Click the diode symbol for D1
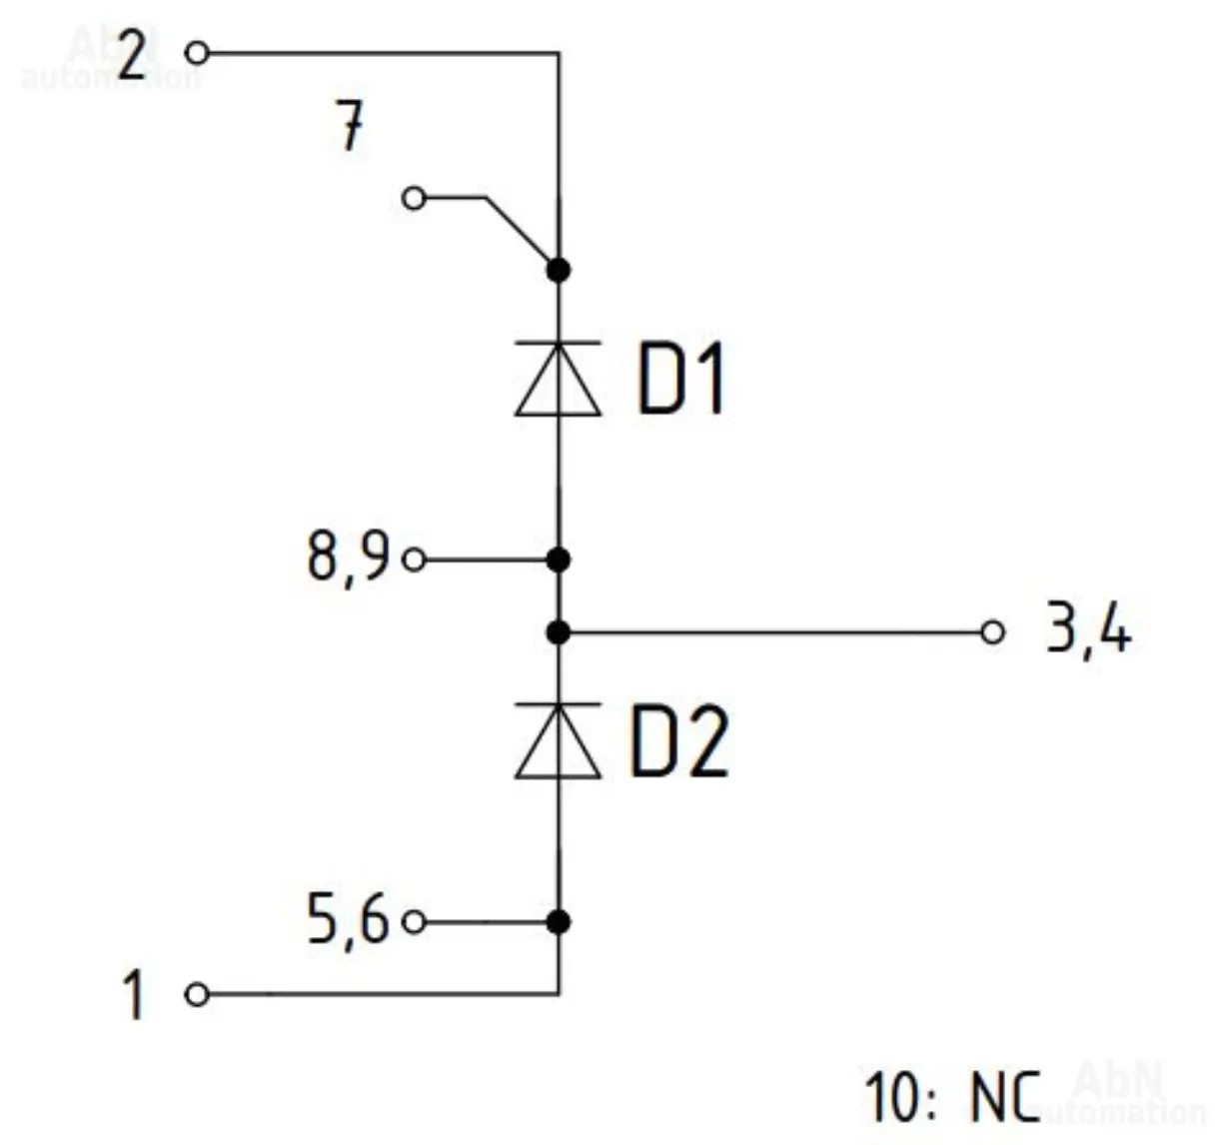coord(559,378)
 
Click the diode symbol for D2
coord(559,740)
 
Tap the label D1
coord(680,380)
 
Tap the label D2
coord(679,742)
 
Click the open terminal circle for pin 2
coord(197,52)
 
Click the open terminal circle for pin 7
coord(414,198)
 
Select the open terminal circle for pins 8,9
coord(414,560)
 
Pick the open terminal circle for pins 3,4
coord(991,632)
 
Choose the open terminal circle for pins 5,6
coord(414,921)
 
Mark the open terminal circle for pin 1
coord(197,994)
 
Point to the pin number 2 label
coord(133,55)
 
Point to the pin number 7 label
coord(349,130)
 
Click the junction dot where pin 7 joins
coord(559,269)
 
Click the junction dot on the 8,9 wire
coord(559,560)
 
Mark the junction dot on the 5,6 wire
coord(559,921)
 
